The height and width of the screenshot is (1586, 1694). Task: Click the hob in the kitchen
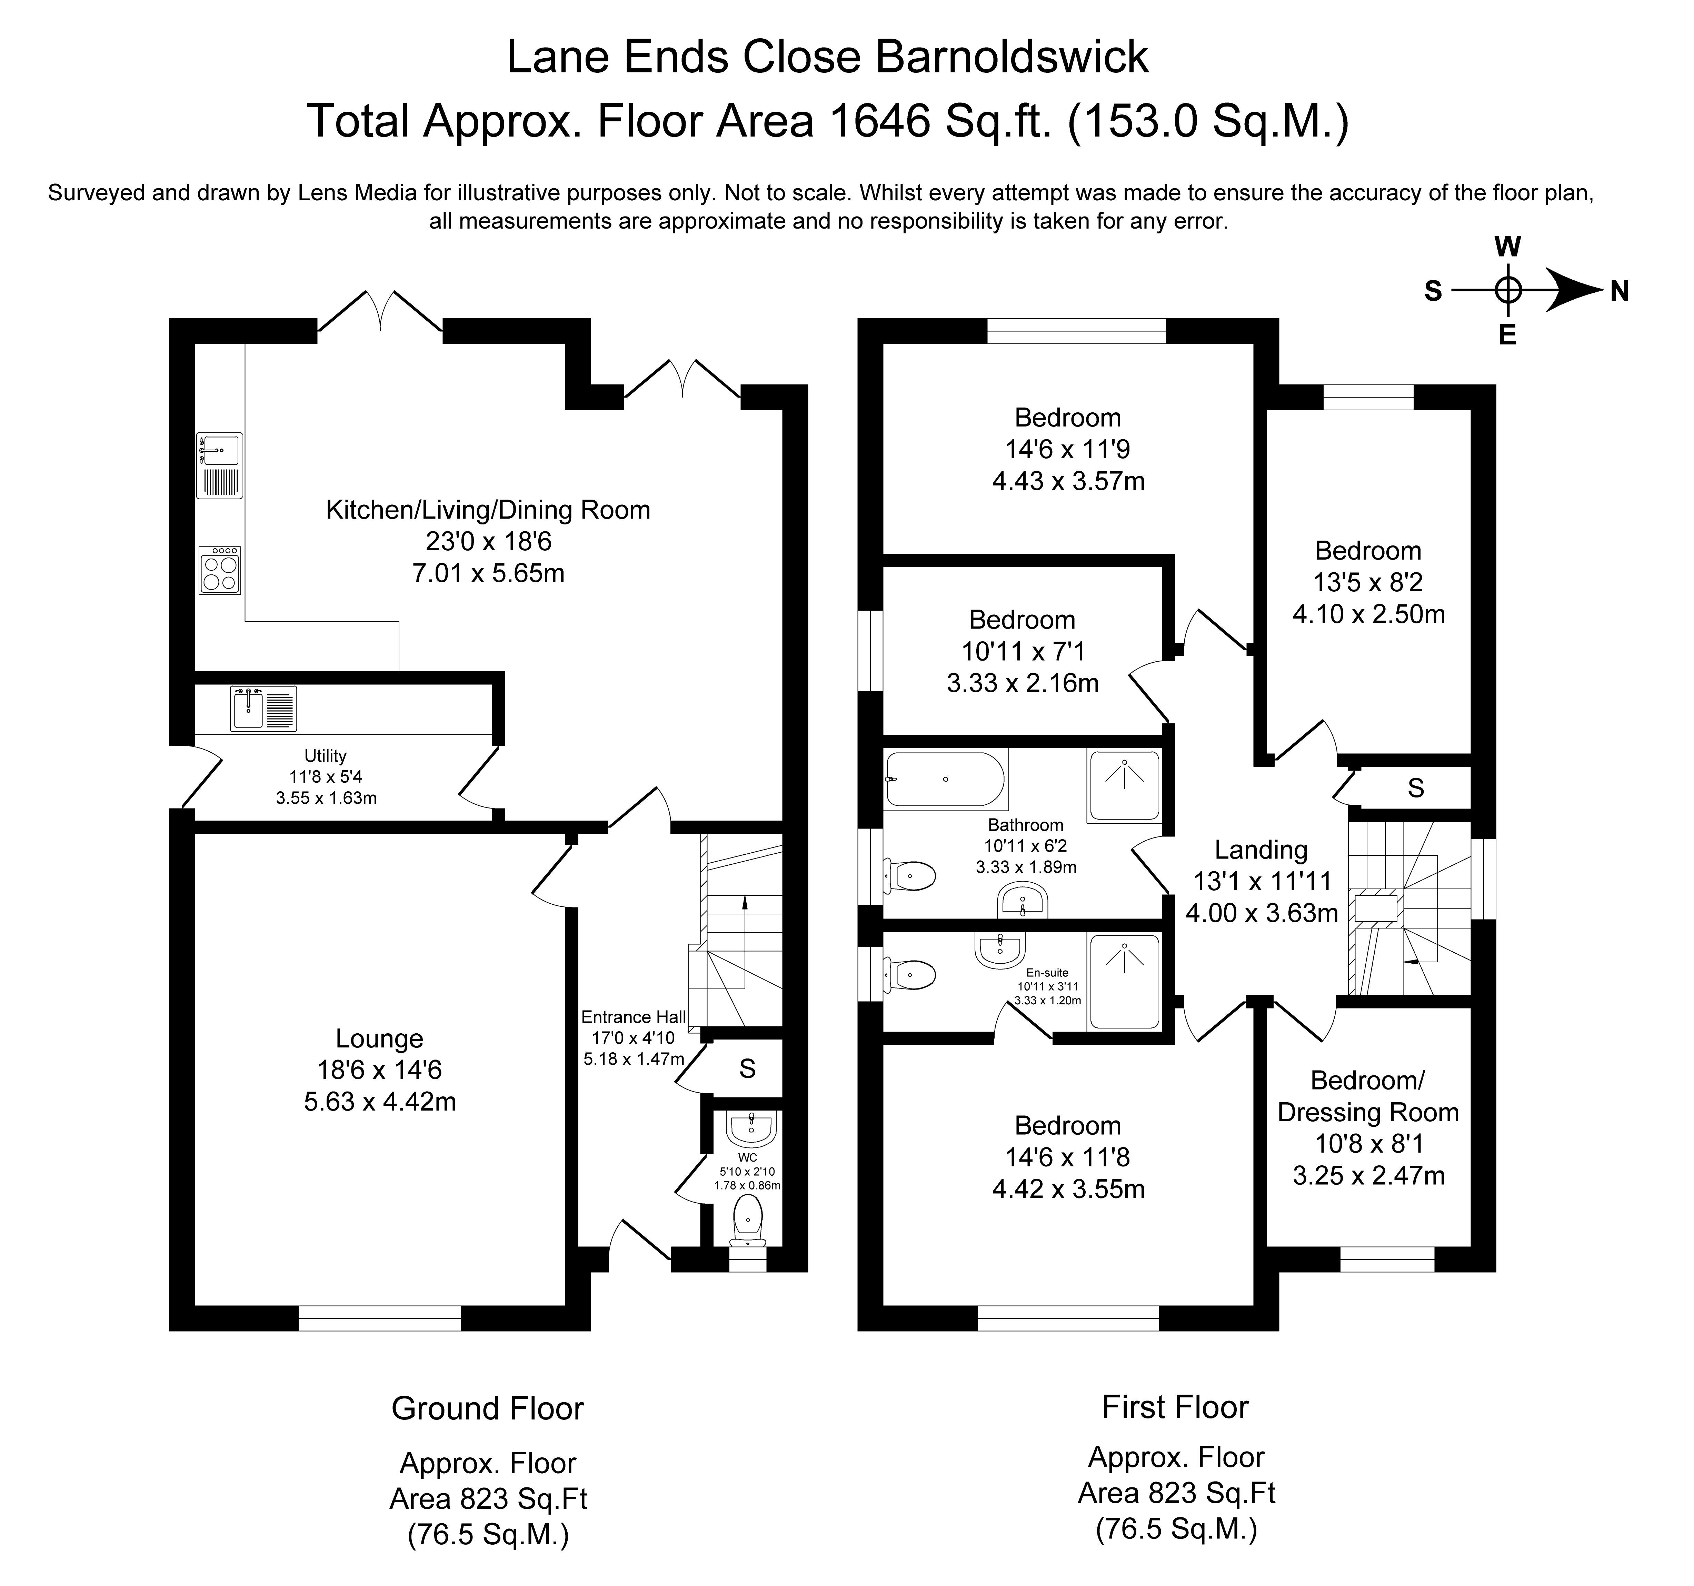coord(220,570)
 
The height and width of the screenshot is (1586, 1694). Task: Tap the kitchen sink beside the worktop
coord(220,465)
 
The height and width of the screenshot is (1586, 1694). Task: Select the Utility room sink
coord(263,708)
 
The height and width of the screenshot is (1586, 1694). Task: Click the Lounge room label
coord(379,1038)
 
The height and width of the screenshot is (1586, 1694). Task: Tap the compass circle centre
coord(1508,290)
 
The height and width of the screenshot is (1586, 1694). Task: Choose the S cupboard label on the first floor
coord(1416,788)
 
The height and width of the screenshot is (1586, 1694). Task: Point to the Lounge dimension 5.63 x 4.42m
coord(380,1101)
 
